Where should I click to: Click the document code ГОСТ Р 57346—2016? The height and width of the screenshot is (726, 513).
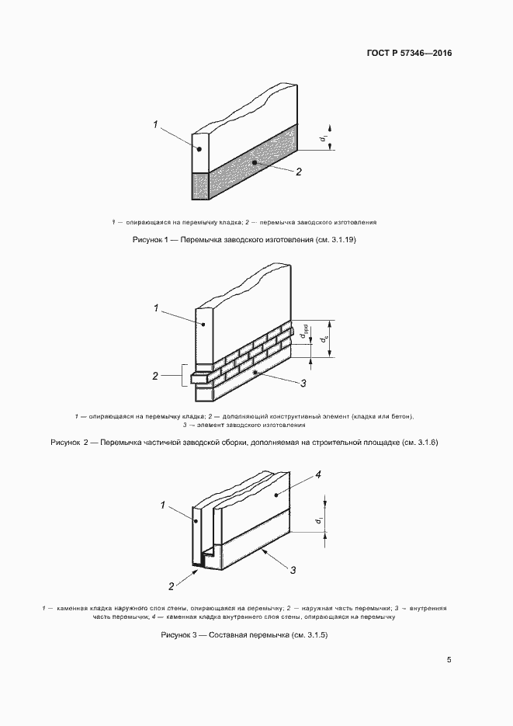(x=409, y=54)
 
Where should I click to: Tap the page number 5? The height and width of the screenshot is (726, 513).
(x=449, y=660)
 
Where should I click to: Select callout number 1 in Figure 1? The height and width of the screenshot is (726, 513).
(x=155, y=123)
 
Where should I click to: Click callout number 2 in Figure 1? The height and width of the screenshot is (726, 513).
(x=298, y=172)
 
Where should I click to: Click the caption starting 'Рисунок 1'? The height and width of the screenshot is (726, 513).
(x=245, y=241)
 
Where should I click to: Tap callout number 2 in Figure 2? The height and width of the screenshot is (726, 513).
(x=155, y=377)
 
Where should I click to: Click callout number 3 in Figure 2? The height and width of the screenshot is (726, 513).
(x=303, y=384)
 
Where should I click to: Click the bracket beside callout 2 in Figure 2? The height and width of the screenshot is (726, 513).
(x=182, y=377)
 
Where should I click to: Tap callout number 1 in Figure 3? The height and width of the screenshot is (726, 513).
(x=163, y=505)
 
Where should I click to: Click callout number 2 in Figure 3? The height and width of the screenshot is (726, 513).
(x=171, y=585)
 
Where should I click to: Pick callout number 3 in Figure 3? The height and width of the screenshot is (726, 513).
(x=293, y=570)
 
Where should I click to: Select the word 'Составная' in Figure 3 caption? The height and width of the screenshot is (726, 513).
(x=229, y=635)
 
